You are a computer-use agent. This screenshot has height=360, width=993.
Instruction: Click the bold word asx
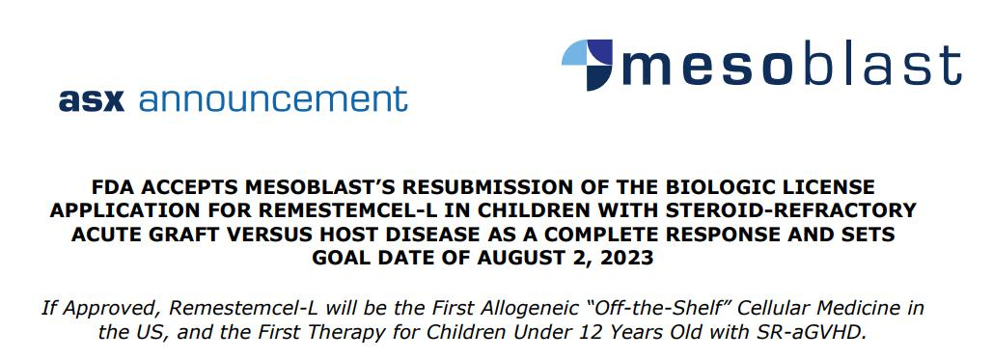91,100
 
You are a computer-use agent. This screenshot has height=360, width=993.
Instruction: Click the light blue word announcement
273,98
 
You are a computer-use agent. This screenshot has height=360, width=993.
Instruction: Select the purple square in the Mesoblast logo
599,52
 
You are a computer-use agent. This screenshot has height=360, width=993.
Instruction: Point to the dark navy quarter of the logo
598,77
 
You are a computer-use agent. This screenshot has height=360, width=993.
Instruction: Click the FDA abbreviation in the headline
111,187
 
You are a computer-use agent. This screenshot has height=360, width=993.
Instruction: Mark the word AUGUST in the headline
520,258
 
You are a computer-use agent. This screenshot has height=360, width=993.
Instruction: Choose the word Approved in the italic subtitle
108,309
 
